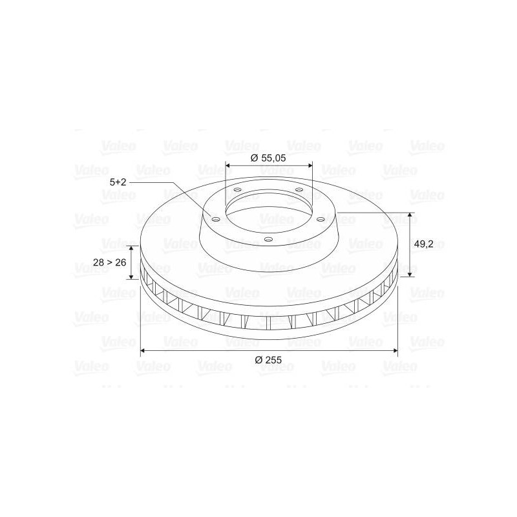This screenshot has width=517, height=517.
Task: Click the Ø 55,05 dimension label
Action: coord(268,158)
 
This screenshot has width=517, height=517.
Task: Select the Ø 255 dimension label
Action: coord(268,360)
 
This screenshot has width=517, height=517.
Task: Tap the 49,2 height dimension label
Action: coord(423,244)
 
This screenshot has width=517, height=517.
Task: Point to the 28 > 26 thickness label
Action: coord(110,262)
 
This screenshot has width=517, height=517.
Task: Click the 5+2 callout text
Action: coord(118,182)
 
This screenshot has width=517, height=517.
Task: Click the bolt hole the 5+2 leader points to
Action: coord(215,220)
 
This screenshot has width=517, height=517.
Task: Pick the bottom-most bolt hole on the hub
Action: coord(269,239)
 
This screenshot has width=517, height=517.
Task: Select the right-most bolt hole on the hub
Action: coord(321,218)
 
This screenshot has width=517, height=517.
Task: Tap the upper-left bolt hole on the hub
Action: coord(237,190)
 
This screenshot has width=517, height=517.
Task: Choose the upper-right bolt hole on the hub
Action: coord(299,189)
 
